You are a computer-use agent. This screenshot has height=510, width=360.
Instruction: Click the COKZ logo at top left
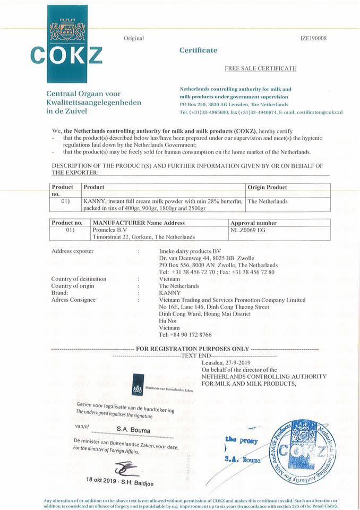[66, 43]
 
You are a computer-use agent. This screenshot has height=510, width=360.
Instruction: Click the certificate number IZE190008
[313, 38]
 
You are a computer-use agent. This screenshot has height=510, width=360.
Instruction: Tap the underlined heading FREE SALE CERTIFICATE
[261, 69]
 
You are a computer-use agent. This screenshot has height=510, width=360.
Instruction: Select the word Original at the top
[134, 38]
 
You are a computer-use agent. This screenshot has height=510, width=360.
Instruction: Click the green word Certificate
[198, 50]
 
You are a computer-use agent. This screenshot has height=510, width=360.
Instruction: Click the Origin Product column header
[268, 188]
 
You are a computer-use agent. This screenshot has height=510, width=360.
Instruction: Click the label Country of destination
[79, 279]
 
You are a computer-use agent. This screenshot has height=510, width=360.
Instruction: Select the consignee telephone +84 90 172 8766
[185, 335]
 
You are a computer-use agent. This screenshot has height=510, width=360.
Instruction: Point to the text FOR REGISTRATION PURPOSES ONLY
[192, 348]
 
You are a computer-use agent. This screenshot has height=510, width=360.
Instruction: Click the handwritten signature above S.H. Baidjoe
[126, 467]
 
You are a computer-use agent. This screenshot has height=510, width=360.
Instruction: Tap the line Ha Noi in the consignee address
[168, 321]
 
